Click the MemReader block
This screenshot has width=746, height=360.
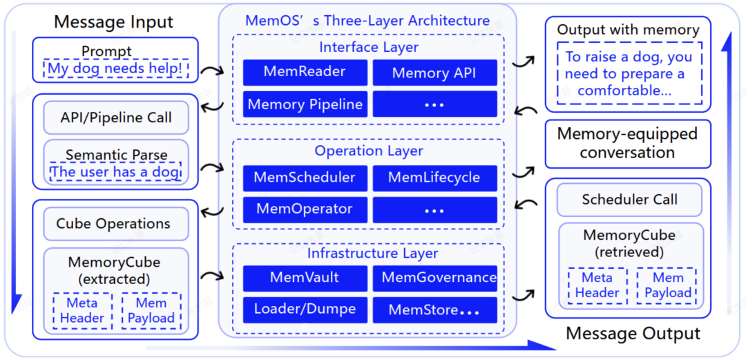(305, 73)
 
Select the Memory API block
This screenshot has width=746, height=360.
(434, 73)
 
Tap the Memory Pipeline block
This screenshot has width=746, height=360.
(305, 104)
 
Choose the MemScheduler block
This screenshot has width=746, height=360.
(305, 178)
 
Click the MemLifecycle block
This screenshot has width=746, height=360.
(434, 178)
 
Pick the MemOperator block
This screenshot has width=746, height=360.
(305, 209)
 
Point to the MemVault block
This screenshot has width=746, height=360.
(305, 278)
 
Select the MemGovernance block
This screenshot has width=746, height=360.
(434, 278)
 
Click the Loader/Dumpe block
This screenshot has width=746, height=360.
(305, 309)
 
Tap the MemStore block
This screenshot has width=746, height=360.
(434, 310)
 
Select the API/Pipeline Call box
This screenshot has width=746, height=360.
(115, 117)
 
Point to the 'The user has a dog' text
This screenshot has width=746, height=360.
(115, 171)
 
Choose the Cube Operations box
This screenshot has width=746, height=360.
(113, 224)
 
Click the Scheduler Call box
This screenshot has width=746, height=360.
(629, 200)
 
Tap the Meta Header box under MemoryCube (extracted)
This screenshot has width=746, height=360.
(82, 311)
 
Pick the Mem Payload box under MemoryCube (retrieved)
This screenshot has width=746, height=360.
(667, 285)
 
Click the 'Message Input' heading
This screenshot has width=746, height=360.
(113, 21)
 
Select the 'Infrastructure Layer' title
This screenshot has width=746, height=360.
(372, 253)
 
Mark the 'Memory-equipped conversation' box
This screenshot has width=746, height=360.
(627, 143)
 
